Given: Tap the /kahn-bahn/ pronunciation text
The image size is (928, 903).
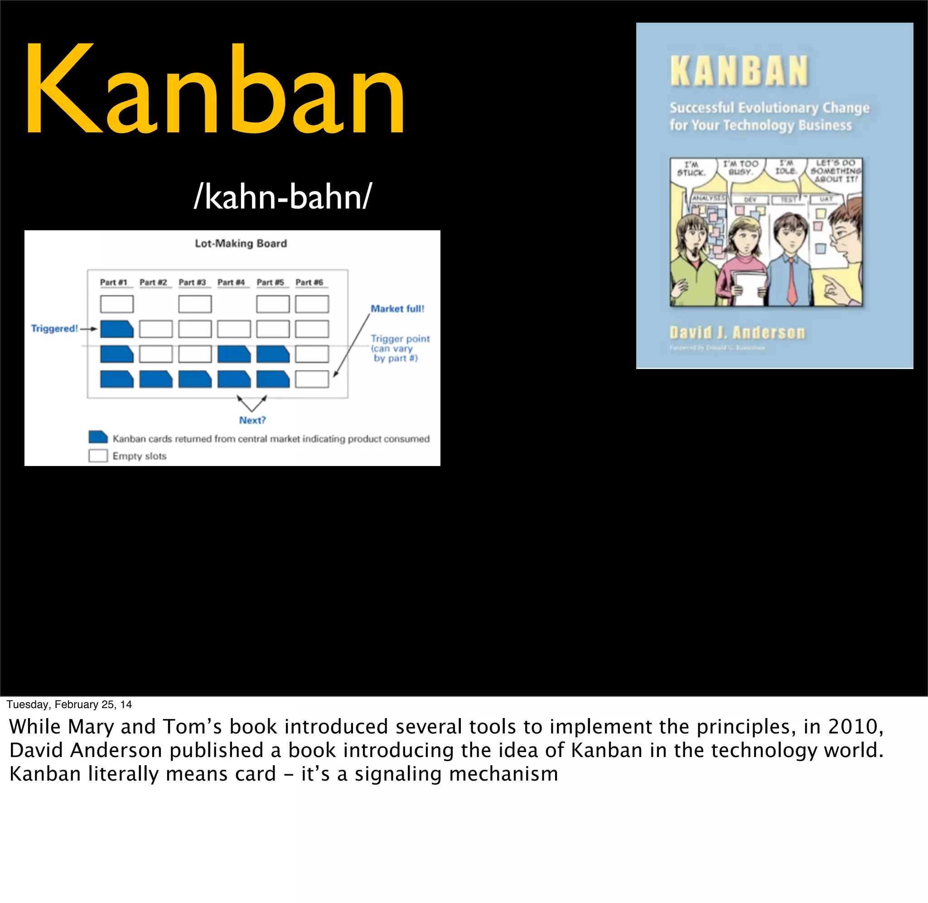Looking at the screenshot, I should coord(283,197).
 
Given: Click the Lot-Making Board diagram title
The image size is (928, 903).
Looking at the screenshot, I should coord(241,243).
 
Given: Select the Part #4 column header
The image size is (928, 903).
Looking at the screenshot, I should coord(231,282).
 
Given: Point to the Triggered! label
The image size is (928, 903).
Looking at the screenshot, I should coord(54,328).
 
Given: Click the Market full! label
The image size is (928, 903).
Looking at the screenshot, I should coord(397,309).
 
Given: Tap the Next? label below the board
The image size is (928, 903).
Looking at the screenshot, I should coord(252,420).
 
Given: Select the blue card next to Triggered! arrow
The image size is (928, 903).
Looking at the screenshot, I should coord(116,329).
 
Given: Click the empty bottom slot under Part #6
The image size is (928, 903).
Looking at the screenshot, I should coord(312,379).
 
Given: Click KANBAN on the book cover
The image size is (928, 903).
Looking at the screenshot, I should coord(739,72).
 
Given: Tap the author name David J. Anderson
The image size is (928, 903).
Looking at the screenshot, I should coord(737,332).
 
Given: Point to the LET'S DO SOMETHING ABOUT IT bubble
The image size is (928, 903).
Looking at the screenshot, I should coord(836,171).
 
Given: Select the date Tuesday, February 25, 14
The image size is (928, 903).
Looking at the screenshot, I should coord(69,704).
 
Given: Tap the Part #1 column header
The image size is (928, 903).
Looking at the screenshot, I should coord(114,282).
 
